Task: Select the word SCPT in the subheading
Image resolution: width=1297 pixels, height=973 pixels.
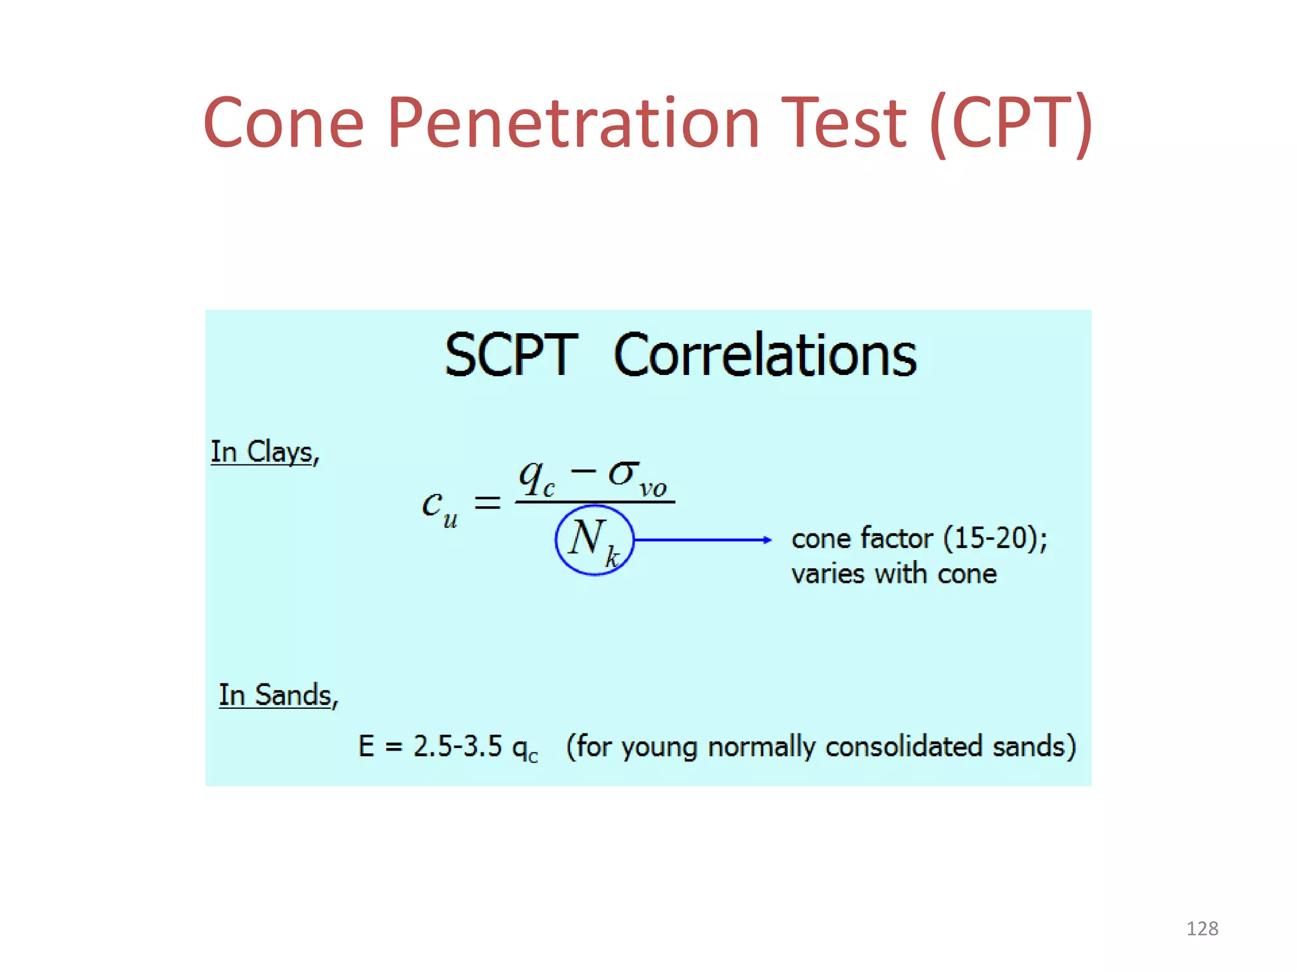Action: pos(511,355)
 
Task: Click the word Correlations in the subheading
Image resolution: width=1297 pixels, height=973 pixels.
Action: pos(765,355)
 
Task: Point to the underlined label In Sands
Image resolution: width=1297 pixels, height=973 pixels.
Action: pos(277,695)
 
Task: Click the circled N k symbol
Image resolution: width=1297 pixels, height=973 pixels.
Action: pos(594,540)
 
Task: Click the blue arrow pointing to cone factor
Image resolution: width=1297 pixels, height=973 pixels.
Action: pos(703,540)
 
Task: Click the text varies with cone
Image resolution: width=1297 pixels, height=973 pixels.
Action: pos(894,574)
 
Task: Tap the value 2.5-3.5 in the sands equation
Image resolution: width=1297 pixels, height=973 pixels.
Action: pos(457,746)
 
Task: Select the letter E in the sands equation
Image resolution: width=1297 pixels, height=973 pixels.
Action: pos(366,746)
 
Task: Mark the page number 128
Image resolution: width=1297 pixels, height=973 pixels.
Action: pos(1202,929)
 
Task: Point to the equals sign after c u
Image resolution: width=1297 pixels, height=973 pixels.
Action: pos(488,504)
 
